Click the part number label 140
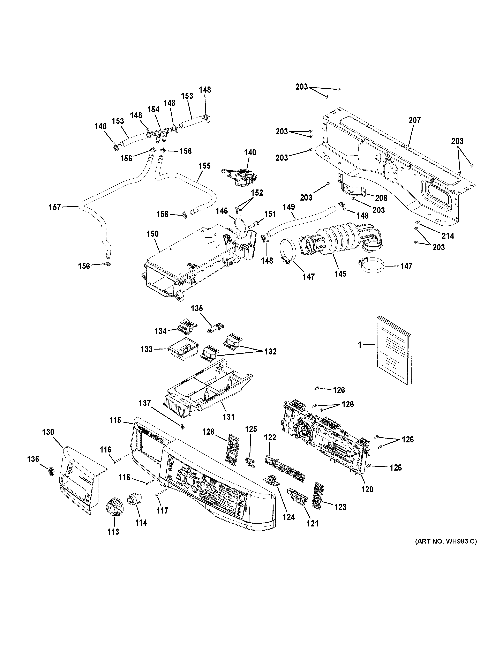[x=250, y=153]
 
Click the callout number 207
[x=414, y=120]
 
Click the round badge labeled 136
[x=52, y=472]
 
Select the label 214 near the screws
[x=448, y=236]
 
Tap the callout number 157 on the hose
[x=55, y=207]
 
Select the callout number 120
[x=367, y=489]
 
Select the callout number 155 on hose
[x=205, y=166]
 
